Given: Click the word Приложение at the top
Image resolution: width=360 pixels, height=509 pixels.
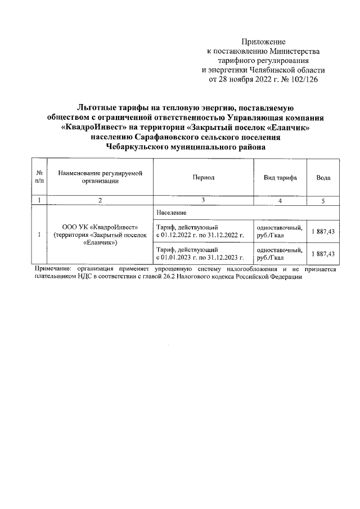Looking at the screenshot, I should [x=263, y=42].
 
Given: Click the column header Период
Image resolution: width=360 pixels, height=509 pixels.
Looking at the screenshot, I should [x=203, y=177].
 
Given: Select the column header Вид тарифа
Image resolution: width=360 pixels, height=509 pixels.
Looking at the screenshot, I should [x=280, y=177].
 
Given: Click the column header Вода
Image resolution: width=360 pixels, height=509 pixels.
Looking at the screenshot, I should [x=323, y=177].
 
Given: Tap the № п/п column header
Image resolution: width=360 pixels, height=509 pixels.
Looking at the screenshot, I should [x=39, y=177].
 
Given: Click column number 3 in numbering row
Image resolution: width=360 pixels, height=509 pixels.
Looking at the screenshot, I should [x=203, y=200].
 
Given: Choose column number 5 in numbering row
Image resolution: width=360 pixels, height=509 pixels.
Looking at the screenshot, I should [x=323, y=200].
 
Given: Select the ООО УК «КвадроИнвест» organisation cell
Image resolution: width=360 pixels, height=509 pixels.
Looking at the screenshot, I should [x=100, y=235].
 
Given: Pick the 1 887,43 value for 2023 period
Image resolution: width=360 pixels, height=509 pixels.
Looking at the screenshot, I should [x=323, y=254].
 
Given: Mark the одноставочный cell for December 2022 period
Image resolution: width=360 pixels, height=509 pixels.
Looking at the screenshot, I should [x=280, y=231].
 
